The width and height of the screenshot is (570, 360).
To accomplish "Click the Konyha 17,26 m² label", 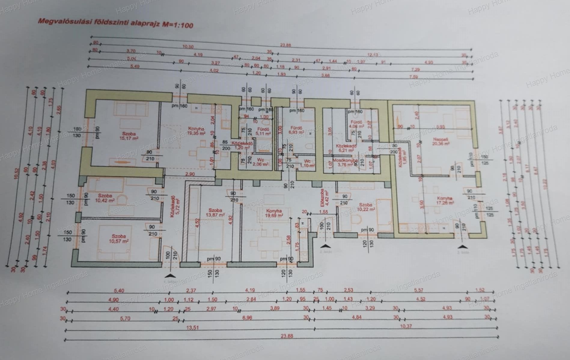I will (x=445, y=201).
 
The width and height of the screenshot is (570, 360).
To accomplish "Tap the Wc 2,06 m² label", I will (x=261, y=162).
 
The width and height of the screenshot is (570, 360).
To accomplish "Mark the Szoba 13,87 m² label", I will (x=215, y=213).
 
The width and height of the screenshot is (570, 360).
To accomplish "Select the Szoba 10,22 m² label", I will (x=365, y=207).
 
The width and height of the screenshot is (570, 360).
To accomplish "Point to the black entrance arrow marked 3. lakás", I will (x=462, y=247).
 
